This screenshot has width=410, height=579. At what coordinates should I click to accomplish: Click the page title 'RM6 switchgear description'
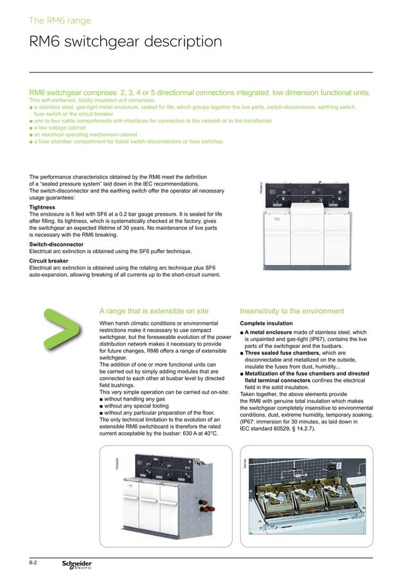126,42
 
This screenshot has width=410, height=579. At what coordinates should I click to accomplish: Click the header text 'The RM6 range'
60,21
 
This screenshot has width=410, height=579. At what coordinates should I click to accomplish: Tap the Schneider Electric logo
76,564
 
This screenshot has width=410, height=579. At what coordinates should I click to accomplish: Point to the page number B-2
33,562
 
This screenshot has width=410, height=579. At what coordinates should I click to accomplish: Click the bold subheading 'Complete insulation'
266,323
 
